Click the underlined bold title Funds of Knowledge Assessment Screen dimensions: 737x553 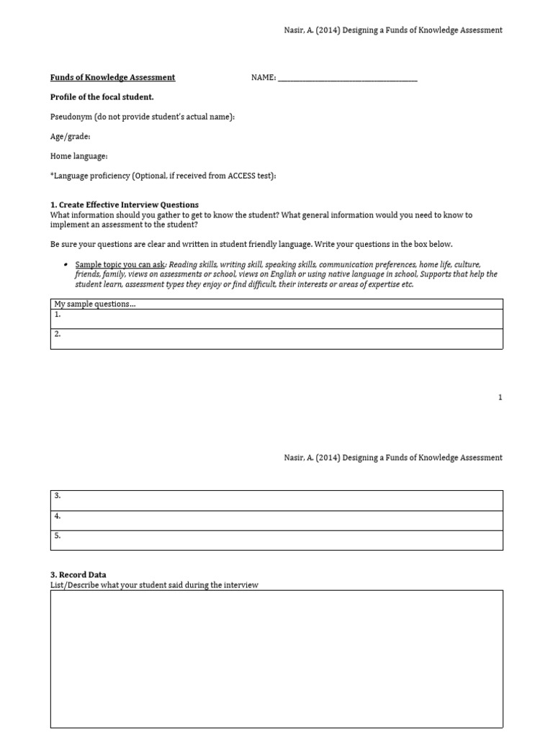click(x=112, y=78)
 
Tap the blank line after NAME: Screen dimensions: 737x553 click(x=347, y=78)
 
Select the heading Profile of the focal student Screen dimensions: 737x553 click(x=102, y=97)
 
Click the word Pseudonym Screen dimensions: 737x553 click(x=71, y=117)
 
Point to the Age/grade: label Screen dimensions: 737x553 click(x=70, y=137)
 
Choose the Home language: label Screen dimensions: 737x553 click(x=78, y=156)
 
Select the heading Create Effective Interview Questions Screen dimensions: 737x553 click(x=128, y=205)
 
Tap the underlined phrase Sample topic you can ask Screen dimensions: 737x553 click(x=120, y=265)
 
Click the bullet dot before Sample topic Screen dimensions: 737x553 click(x=66, y=265)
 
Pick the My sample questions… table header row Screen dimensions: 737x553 click(x=276, y=304)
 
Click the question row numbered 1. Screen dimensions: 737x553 click(x=276, y=318)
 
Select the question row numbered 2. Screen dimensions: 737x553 click(x=276, y=338)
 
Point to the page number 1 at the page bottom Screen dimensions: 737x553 click(x=500, y=397)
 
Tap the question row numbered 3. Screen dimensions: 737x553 click(x=276, y=500)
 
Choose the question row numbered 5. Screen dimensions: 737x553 click(x=276, y=540)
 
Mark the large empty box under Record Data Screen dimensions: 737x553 click(x=276, y=659)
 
